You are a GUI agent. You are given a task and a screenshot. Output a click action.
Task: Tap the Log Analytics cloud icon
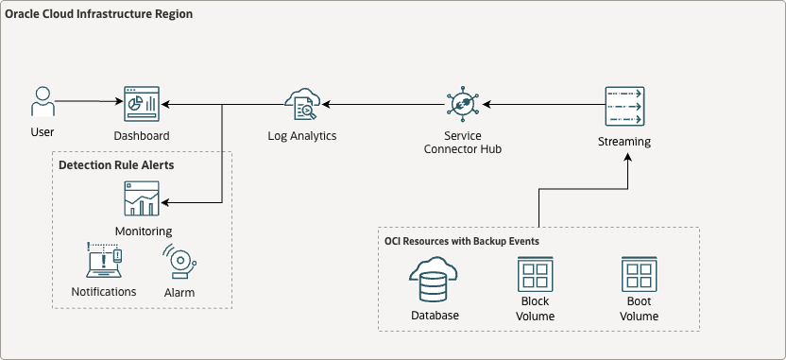(x=303, y=104)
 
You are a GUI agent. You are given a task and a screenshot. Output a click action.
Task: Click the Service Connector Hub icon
(x=462, y=104)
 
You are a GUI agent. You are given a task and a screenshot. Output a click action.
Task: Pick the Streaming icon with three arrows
(x=624, y=106)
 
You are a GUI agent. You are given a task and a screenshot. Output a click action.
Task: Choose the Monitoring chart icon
(x=142, y=199)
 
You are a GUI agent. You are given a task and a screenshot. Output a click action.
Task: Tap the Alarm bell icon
(x=179, y=262)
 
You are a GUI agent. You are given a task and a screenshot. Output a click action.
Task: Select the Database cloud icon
(x=435, y=279)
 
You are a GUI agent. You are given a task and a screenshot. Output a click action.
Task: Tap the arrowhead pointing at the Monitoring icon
(x=165, y=200)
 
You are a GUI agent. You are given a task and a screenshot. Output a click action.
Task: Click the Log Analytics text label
(x=302, y=136)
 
